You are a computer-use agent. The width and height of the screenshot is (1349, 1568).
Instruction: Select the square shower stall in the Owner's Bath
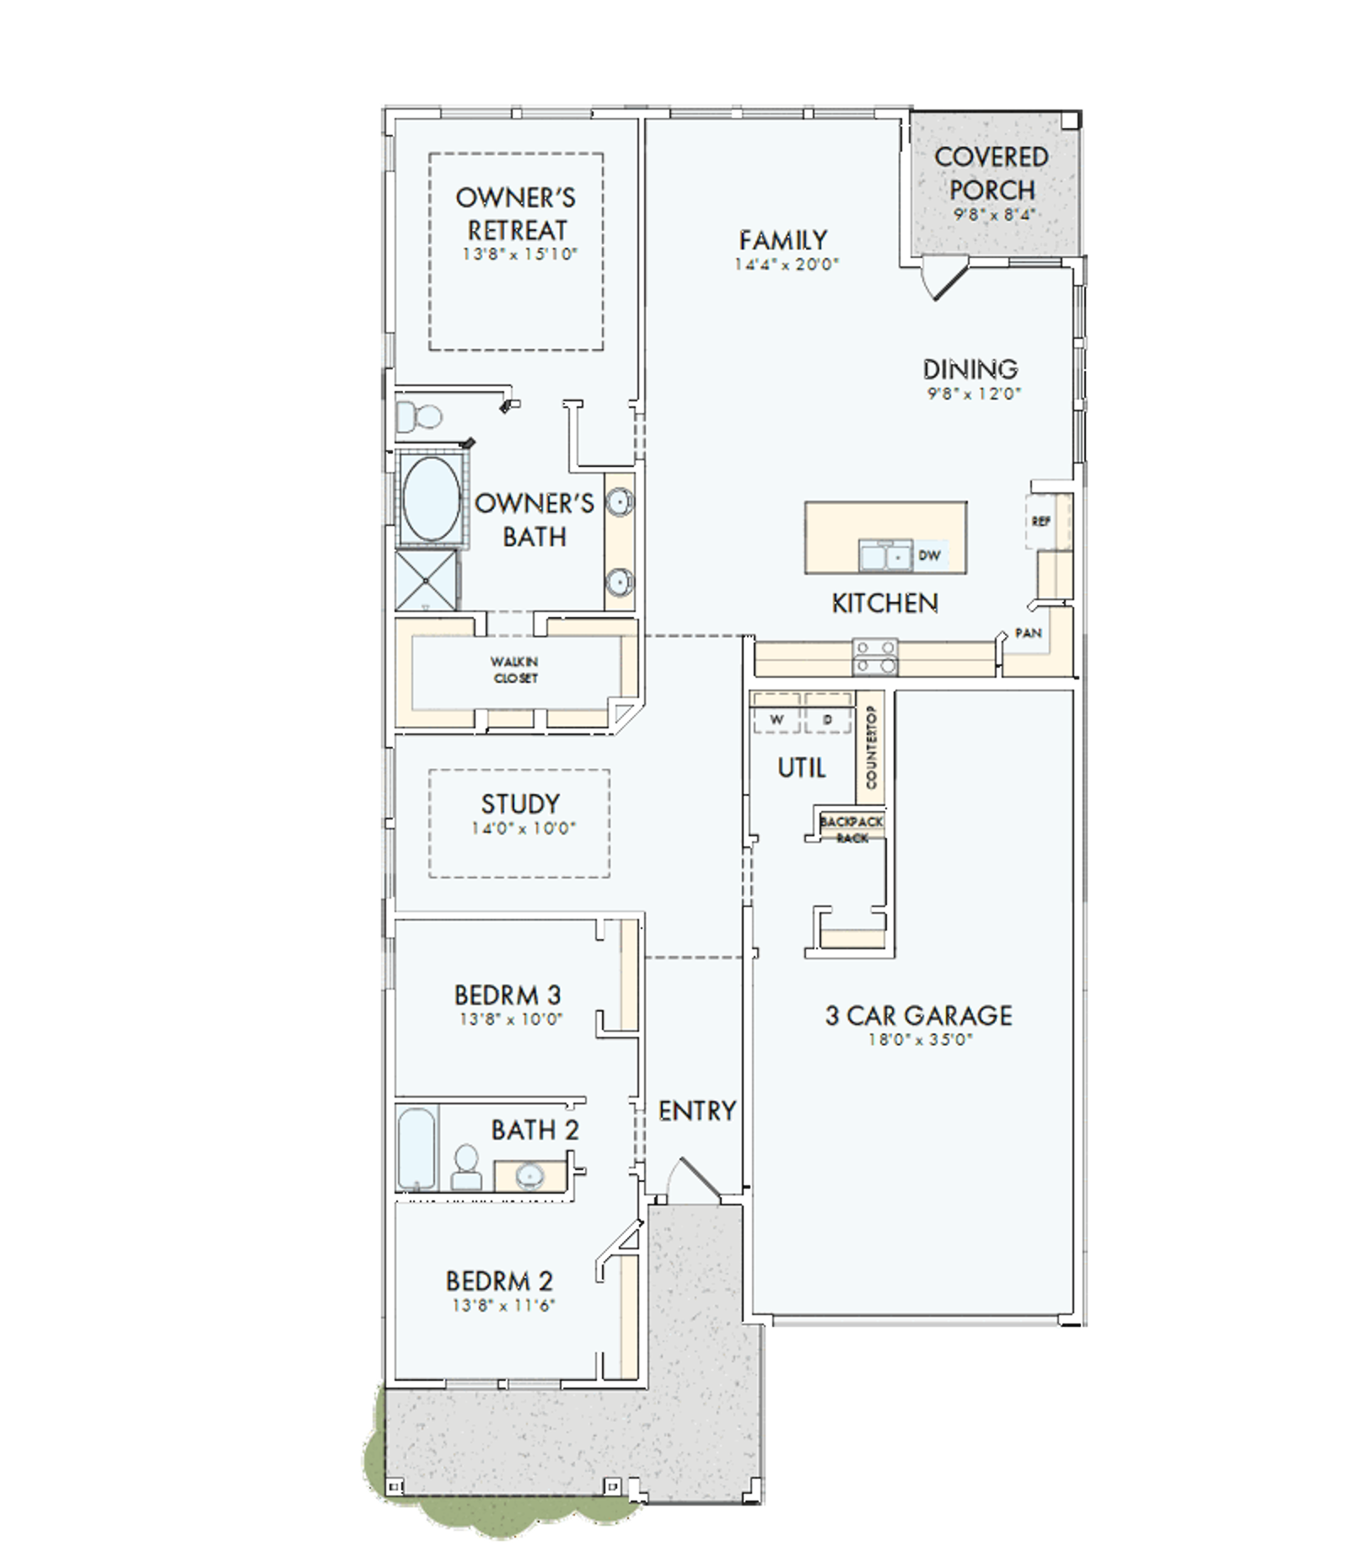click(x=427, y=580)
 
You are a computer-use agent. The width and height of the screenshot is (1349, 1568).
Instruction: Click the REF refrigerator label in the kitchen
click(x=1040, y=522)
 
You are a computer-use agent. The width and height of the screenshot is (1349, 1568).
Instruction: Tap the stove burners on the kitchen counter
click(x=874, y=657)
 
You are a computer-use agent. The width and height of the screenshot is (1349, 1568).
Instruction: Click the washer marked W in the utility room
click(x=777, y=720)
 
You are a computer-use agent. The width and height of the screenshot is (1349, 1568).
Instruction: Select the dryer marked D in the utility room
click(x=827, y=720)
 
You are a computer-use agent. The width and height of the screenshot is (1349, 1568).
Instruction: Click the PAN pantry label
click(x=1029, y=633)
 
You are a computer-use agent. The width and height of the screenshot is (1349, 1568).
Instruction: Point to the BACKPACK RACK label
click(x=852, y=830)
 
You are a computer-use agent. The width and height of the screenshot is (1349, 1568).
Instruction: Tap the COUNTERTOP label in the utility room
click(x=871, y=748)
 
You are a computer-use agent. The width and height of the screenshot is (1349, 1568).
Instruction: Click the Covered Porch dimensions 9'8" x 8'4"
click(x=993, y=215)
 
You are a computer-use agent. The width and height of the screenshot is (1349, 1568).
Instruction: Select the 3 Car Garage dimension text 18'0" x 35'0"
click(x=920, y=1039)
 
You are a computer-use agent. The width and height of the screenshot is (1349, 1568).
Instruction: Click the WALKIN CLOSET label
click(x=514, y=670)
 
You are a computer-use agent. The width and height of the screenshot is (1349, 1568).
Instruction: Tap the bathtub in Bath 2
click(x=417, y=1148)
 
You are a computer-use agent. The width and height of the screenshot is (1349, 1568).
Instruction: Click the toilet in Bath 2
click(x=465, y=1167)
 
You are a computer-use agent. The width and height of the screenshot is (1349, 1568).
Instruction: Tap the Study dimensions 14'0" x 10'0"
click(x=524, y=829)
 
